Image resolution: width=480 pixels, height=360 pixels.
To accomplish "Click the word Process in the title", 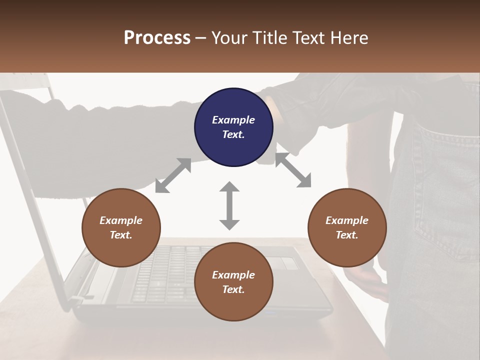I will (x=157, y=38).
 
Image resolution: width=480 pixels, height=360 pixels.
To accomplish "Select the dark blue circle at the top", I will (x=233, y=127).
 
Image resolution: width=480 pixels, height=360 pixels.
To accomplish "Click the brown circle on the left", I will (x=121, y=227).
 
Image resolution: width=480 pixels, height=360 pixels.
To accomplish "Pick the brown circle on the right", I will (x=347, y=227).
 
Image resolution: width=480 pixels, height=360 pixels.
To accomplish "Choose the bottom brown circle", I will (x=233, y=282).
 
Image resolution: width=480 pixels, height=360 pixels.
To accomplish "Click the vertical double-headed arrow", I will (x=229, y=206).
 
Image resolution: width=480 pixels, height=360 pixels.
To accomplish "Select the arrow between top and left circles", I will (x=173, y=175).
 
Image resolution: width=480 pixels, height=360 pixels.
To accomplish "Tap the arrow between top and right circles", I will (x=293, y=170).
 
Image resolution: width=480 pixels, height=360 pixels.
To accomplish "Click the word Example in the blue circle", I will (x=233, y=120).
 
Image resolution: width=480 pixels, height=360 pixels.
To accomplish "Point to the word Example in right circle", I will (x=347, y=220).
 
